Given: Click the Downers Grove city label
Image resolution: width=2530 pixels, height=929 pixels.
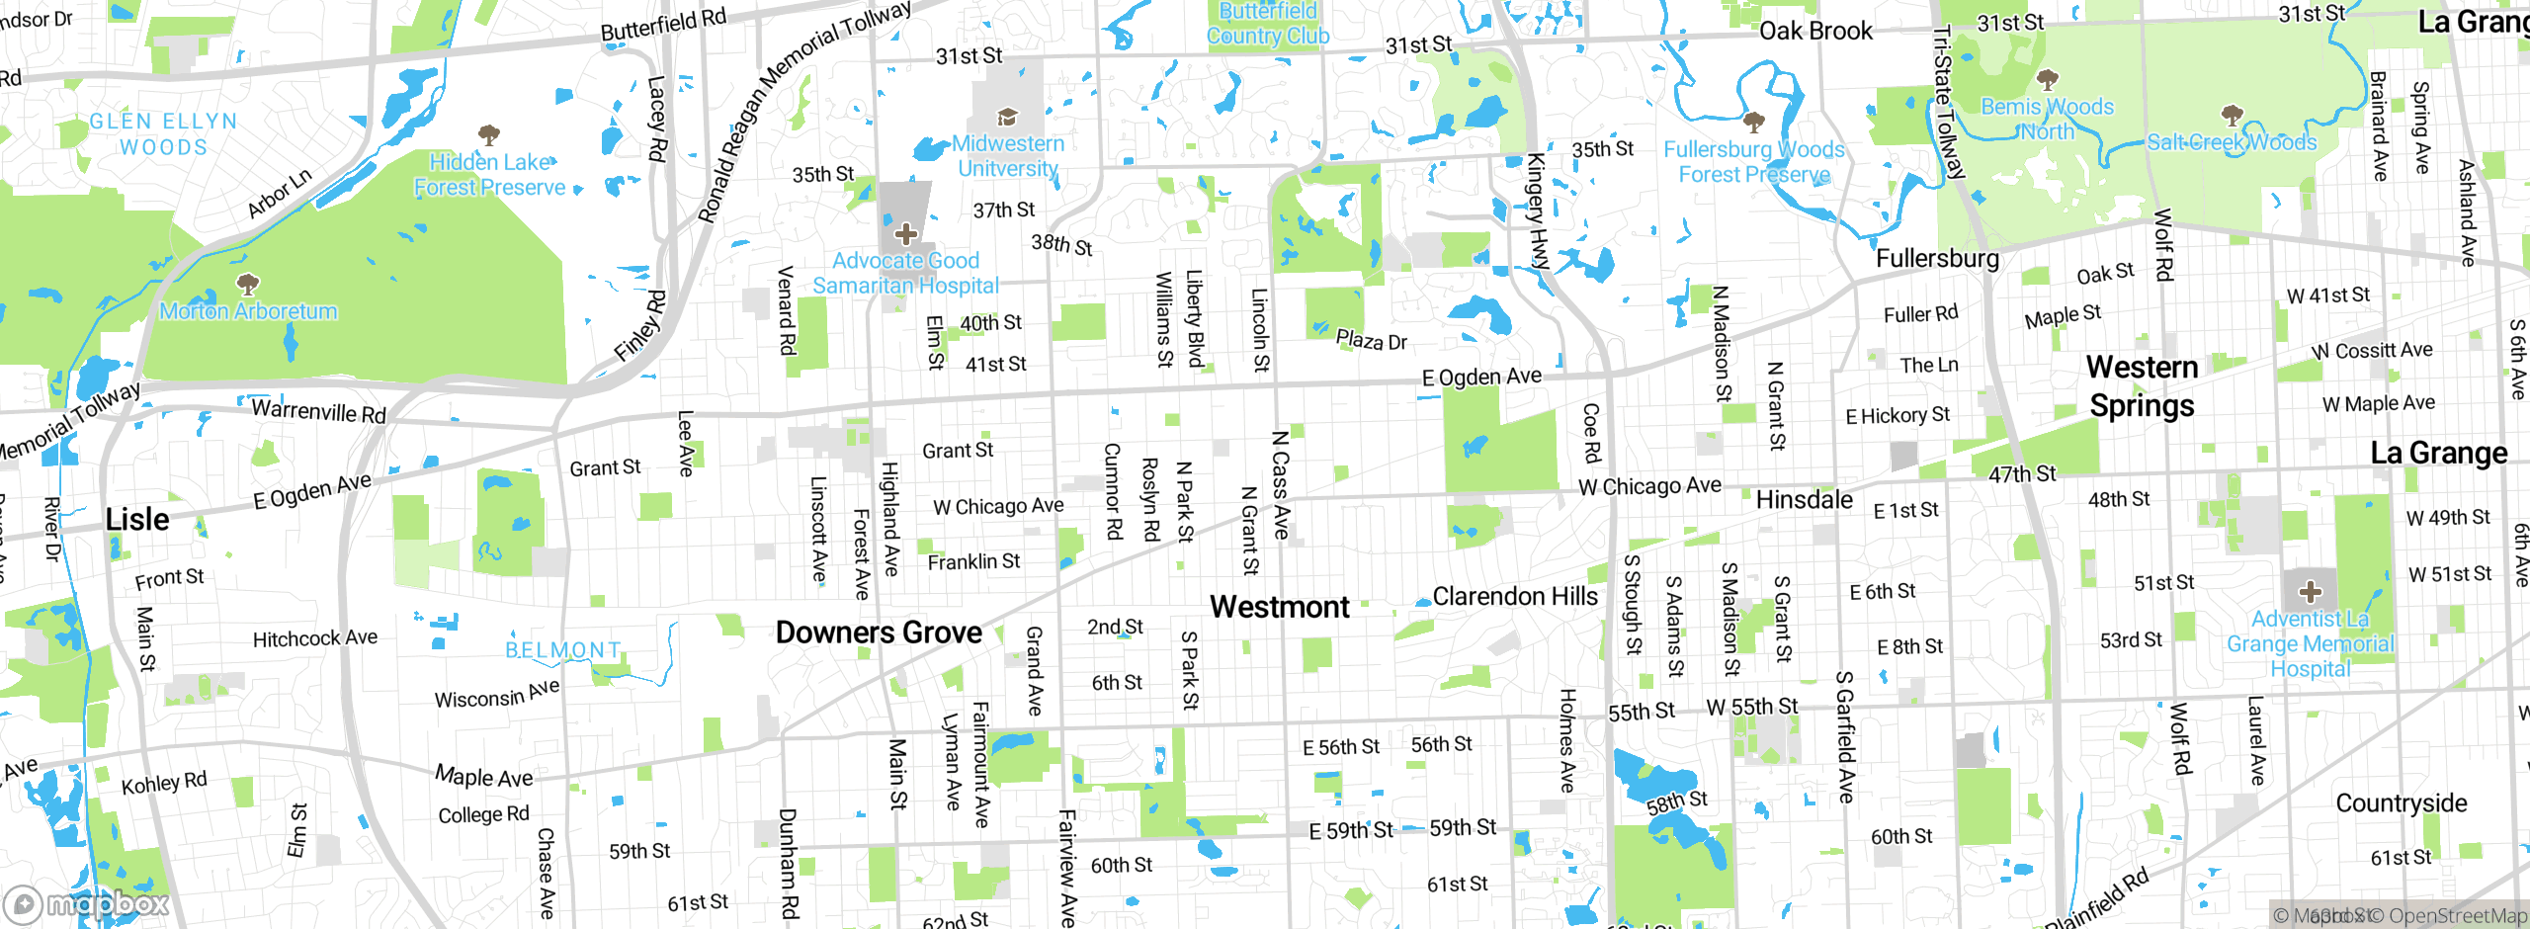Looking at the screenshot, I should tap(879, 633).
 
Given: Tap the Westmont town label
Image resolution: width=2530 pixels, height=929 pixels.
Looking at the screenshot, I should tap(1280, 607).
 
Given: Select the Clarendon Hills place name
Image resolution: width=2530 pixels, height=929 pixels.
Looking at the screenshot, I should tap(1515, 597).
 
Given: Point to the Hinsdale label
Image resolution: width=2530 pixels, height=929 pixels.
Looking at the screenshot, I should tap(1805, 500).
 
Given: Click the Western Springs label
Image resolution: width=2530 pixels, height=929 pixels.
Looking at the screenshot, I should tap(2143, 386).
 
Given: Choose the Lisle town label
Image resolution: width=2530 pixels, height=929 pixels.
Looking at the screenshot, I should tap(137, 520).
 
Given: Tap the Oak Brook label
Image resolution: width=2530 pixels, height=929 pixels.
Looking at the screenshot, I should tap(1815, 31).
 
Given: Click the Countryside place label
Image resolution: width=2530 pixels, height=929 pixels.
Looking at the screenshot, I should tap(2402, 803).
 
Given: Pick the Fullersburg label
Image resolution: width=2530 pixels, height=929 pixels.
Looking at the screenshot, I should tap(1937, 259).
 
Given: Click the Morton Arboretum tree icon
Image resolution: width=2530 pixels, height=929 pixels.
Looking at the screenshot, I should tap(248, 285).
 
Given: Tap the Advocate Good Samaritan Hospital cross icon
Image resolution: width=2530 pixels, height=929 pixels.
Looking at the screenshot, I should tap(905, 234).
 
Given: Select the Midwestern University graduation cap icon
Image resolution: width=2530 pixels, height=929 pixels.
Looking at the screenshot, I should tap(1007, 118).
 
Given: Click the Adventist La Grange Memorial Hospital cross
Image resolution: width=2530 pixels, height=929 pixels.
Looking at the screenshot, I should tap(2310, 592).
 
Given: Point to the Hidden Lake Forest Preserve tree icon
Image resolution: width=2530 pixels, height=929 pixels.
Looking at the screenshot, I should tap(488, 134).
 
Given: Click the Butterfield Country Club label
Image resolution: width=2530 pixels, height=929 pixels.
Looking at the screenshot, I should tap(1268, 25).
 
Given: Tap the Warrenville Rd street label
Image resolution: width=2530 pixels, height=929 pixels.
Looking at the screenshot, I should tap(318, 410).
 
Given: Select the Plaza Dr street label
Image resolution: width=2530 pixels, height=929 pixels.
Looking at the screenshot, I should tap(1371, 341).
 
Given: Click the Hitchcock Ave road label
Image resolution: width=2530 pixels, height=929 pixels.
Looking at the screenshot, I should tap(315, 638).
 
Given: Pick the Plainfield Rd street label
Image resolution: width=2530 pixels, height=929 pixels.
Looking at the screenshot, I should tap(2097, 899).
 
